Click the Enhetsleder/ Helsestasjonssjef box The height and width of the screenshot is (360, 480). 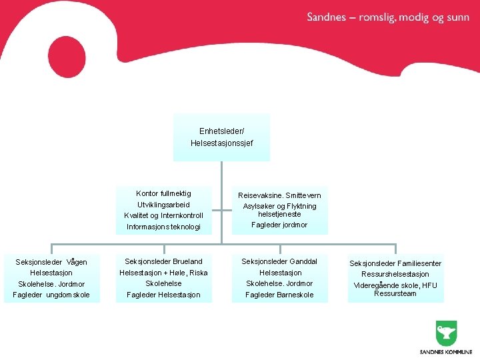click(221, 137)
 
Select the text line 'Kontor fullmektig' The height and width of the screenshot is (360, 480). click(163, 193)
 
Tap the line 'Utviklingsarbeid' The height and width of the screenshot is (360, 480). click(163, 205)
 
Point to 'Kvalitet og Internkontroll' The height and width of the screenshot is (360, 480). click(163, 216)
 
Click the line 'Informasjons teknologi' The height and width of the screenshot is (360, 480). click(163, 227)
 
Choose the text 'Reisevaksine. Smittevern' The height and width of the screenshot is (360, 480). click(279, 195)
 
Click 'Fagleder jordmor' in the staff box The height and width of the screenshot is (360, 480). click(279, 225)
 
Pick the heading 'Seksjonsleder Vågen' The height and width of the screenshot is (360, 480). click(51, 262)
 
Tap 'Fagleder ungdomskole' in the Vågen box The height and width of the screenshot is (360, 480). click(51, 295)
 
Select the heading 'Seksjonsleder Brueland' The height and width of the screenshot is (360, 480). click(163, 261)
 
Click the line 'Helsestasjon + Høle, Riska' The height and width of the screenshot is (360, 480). click(163, 273)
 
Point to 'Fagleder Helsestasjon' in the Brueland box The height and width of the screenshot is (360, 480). click(163, 295)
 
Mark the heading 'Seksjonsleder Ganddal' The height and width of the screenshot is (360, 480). click(279, 261)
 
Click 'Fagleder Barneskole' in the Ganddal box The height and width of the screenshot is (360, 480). click(279, 295)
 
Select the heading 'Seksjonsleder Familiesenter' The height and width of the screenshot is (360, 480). click(395, 263)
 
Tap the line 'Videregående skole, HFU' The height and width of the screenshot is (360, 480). click(395, 285)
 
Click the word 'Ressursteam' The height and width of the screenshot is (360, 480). click(395, 293)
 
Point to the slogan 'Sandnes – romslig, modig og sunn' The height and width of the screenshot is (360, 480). click(388, 18)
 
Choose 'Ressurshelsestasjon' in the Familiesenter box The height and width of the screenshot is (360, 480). click(395, 274)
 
